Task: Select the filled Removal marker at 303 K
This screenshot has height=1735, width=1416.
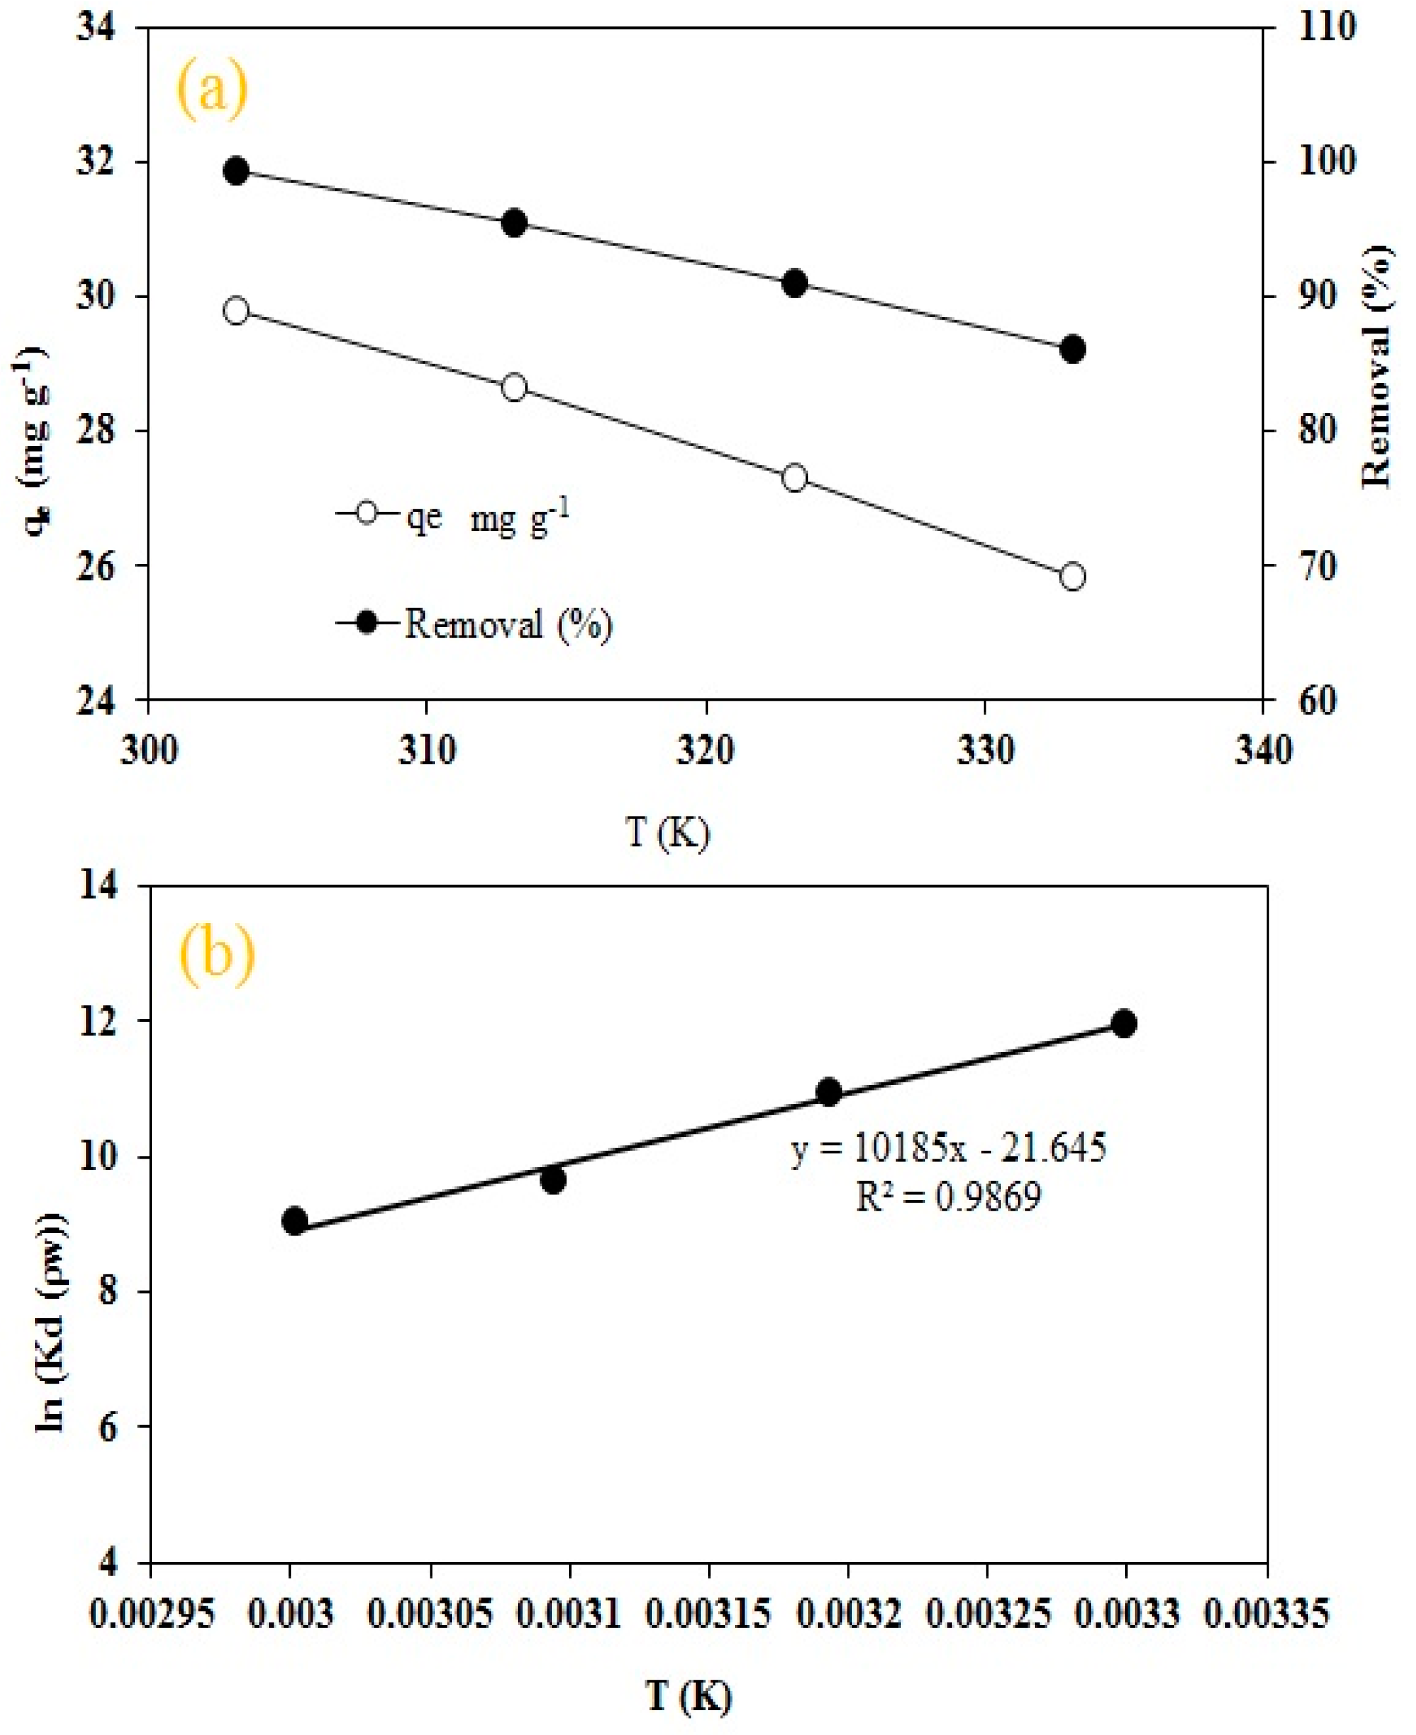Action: [236, 170]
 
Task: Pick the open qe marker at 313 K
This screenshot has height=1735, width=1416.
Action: [514, 387]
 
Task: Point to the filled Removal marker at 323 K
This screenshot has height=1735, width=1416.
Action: [794, 284]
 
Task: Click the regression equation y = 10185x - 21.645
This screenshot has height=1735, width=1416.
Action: [949, 1149]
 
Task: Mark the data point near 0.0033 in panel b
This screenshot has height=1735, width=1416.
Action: [1124, 1024]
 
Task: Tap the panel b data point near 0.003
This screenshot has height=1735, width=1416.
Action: [295, 1221]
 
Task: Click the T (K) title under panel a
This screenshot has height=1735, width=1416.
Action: [667, 832]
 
